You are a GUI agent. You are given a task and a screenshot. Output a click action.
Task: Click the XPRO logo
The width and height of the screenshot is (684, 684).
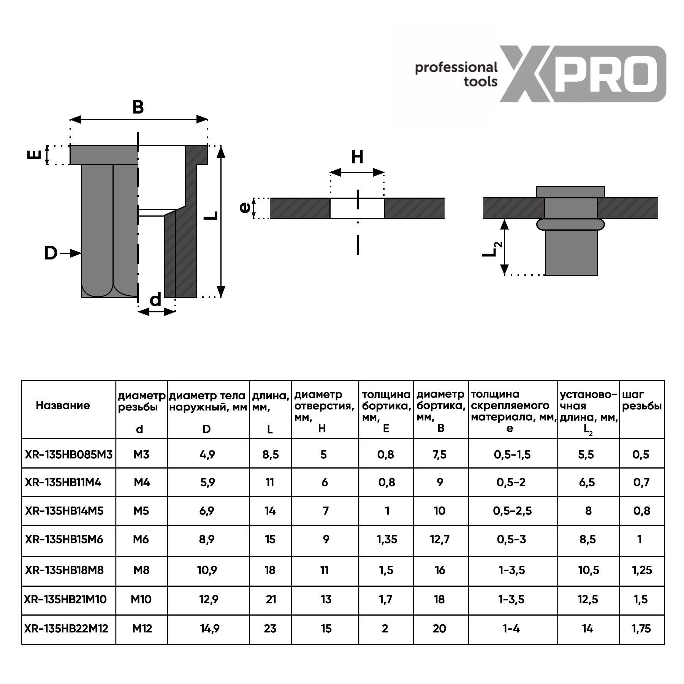[583, 74]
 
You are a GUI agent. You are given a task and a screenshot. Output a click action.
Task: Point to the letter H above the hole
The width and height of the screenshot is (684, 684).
[357, 157]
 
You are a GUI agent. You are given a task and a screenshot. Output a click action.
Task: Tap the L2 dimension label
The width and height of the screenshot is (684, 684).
[492, 249]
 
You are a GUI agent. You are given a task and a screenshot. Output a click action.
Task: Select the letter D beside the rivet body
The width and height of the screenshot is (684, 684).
[50, 253]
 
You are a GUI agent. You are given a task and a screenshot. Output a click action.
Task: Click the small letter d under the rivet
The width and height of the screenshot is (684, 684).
[155, 300]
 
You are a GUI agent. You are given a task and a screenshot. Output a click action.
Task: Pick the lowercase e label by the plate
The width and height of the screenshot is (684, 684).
[245, 208]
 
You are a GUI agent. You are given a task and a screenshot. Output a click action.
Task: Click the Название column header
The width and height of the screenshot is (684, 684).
[63, 405]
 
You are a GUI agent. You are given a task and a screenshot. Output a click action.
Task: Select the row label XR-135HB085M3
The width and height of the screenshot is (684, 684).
[69, 454]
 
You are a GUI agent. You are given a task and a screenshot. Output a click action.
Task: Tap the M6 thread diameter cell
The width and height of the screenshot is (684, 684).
[141, 539]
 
